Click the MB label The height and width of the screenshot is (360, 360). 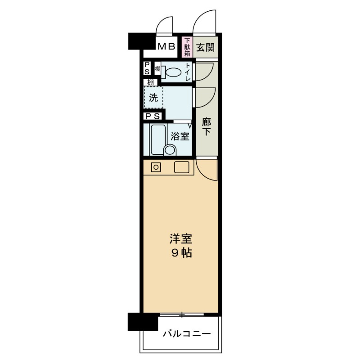[166, 46]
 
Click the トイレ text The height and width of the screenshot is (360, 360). [187, 72]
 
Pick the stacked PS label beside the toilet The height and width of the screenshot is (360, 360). [147, 69]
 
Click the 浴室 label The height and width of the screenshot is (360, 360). [180, 136]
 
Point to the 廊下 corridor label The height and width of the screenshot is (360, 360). [206, 126]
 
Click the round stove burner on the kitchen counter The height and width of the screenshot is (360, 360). [156, 167]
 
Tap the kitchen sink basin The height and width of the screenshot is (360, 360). [183, 167]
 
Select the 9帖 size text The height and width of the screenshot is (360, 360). [181, 253]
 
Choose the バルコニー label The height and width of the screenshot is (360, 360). [186, 334]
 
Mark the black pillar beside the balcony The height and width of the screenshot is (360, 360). [143, 321]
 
